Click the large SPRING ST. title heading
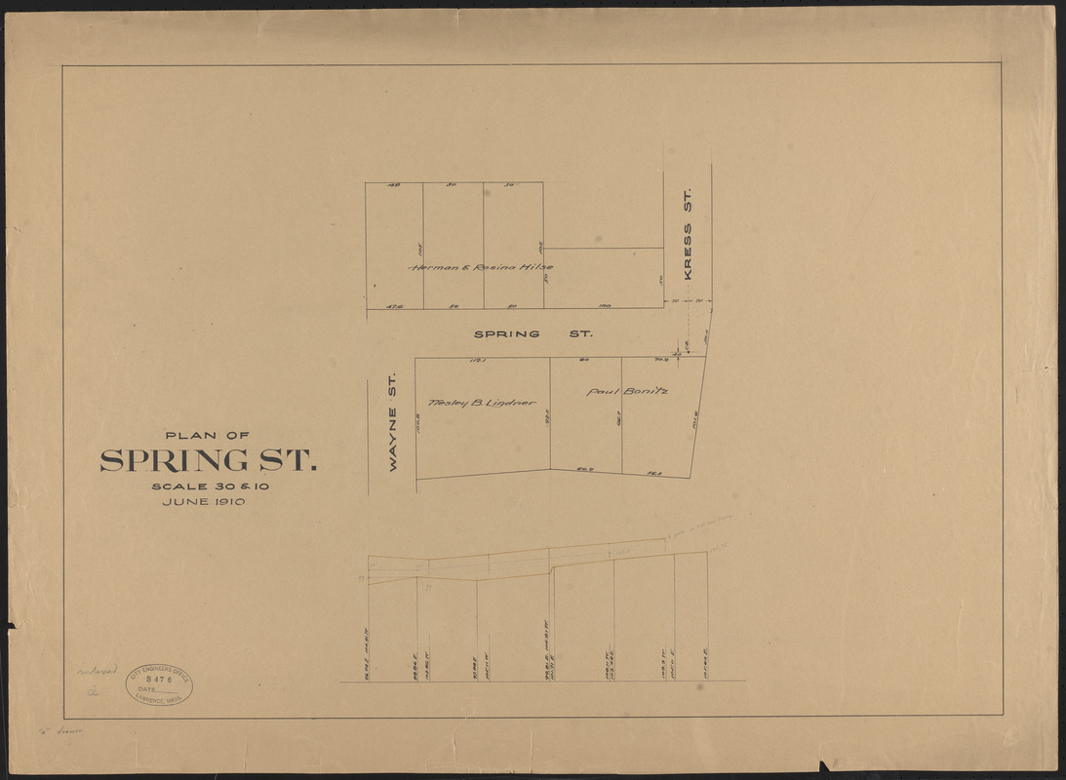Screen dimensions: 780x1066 tap(208, 460)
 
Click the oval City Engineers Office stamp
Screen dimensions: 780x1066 tap(159, 684)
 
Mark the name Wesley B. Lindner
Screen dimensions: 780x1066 tap(481, 402)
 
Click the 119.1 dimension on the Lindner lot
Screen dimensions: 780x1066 tap(478, 361)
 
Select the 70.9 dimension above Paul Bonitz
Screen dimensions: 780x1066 tap(660, 361)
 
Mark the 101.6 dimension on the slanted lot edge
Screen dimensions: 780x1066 tap(695, 423)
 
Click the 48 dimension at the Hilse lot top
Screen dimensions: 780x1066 tap(393, 185)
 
